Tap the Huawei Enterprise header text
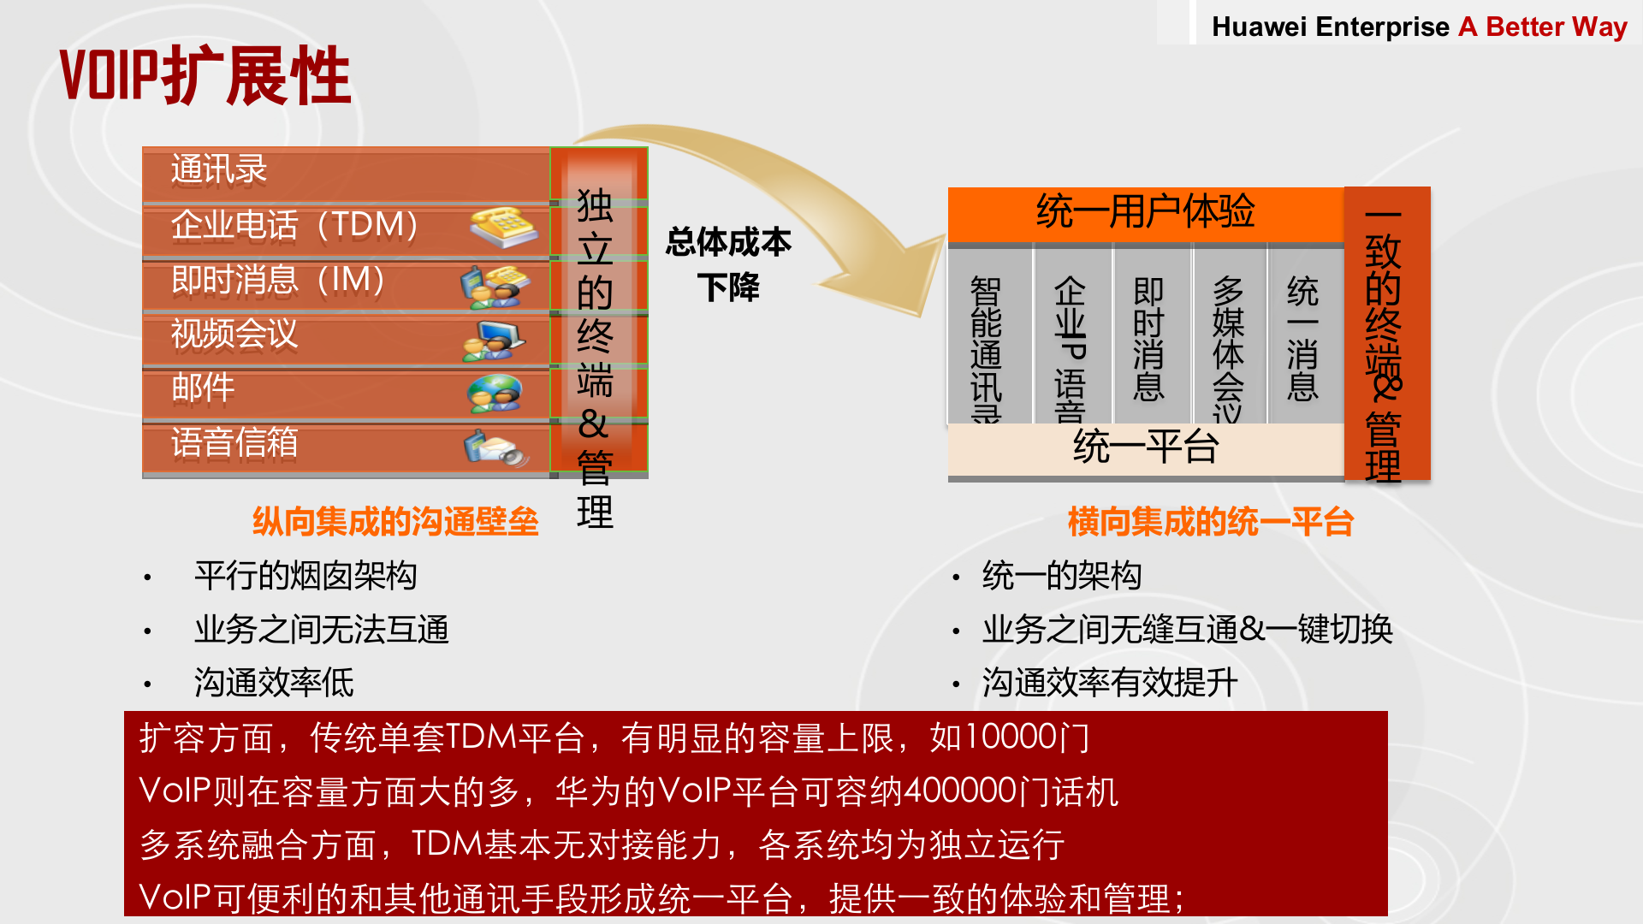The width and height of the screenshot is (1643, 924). [x=1331, y=27]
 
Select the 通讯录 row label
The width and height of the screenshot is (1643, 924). [x=219, y=169]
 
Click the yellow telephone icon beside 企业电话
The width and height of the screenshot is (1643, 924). [x=503, y=227]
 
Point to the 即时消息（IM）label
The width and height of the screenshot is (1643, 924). [x=277, y=280]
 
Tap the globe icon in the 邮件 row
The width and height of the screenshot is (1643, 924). [x=495, y=394]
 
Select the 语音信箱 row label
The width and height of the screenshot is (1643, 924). [x=234, y=443]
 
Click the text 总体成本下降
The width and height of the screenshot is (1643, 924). [x=728, y=264]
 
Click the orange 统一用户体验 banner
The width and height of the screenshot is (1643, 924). [x=1145, y=211]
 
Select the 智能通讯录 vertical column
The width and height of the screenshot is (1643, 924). [x=986, y=342]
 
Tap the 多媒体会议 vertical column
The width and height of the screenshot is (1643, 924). [x=1228, y=342]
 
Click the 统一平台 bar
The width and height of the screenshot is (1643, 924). [x=1145, y=447]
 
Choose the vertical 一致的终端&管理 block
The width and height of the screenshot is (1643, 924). [x=1385, y=334]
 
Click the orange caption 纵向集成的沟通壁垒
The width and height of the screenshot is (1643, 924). [x=395, y=522]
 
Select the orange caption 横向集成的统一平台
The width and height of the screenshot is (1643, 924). [x=1210, y=522]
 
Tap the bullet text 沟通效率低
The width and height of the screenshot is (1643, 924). [x=274, y=683]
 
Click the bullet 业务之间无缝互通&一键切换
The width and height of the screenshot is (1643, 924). [x=1187, y=630]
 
